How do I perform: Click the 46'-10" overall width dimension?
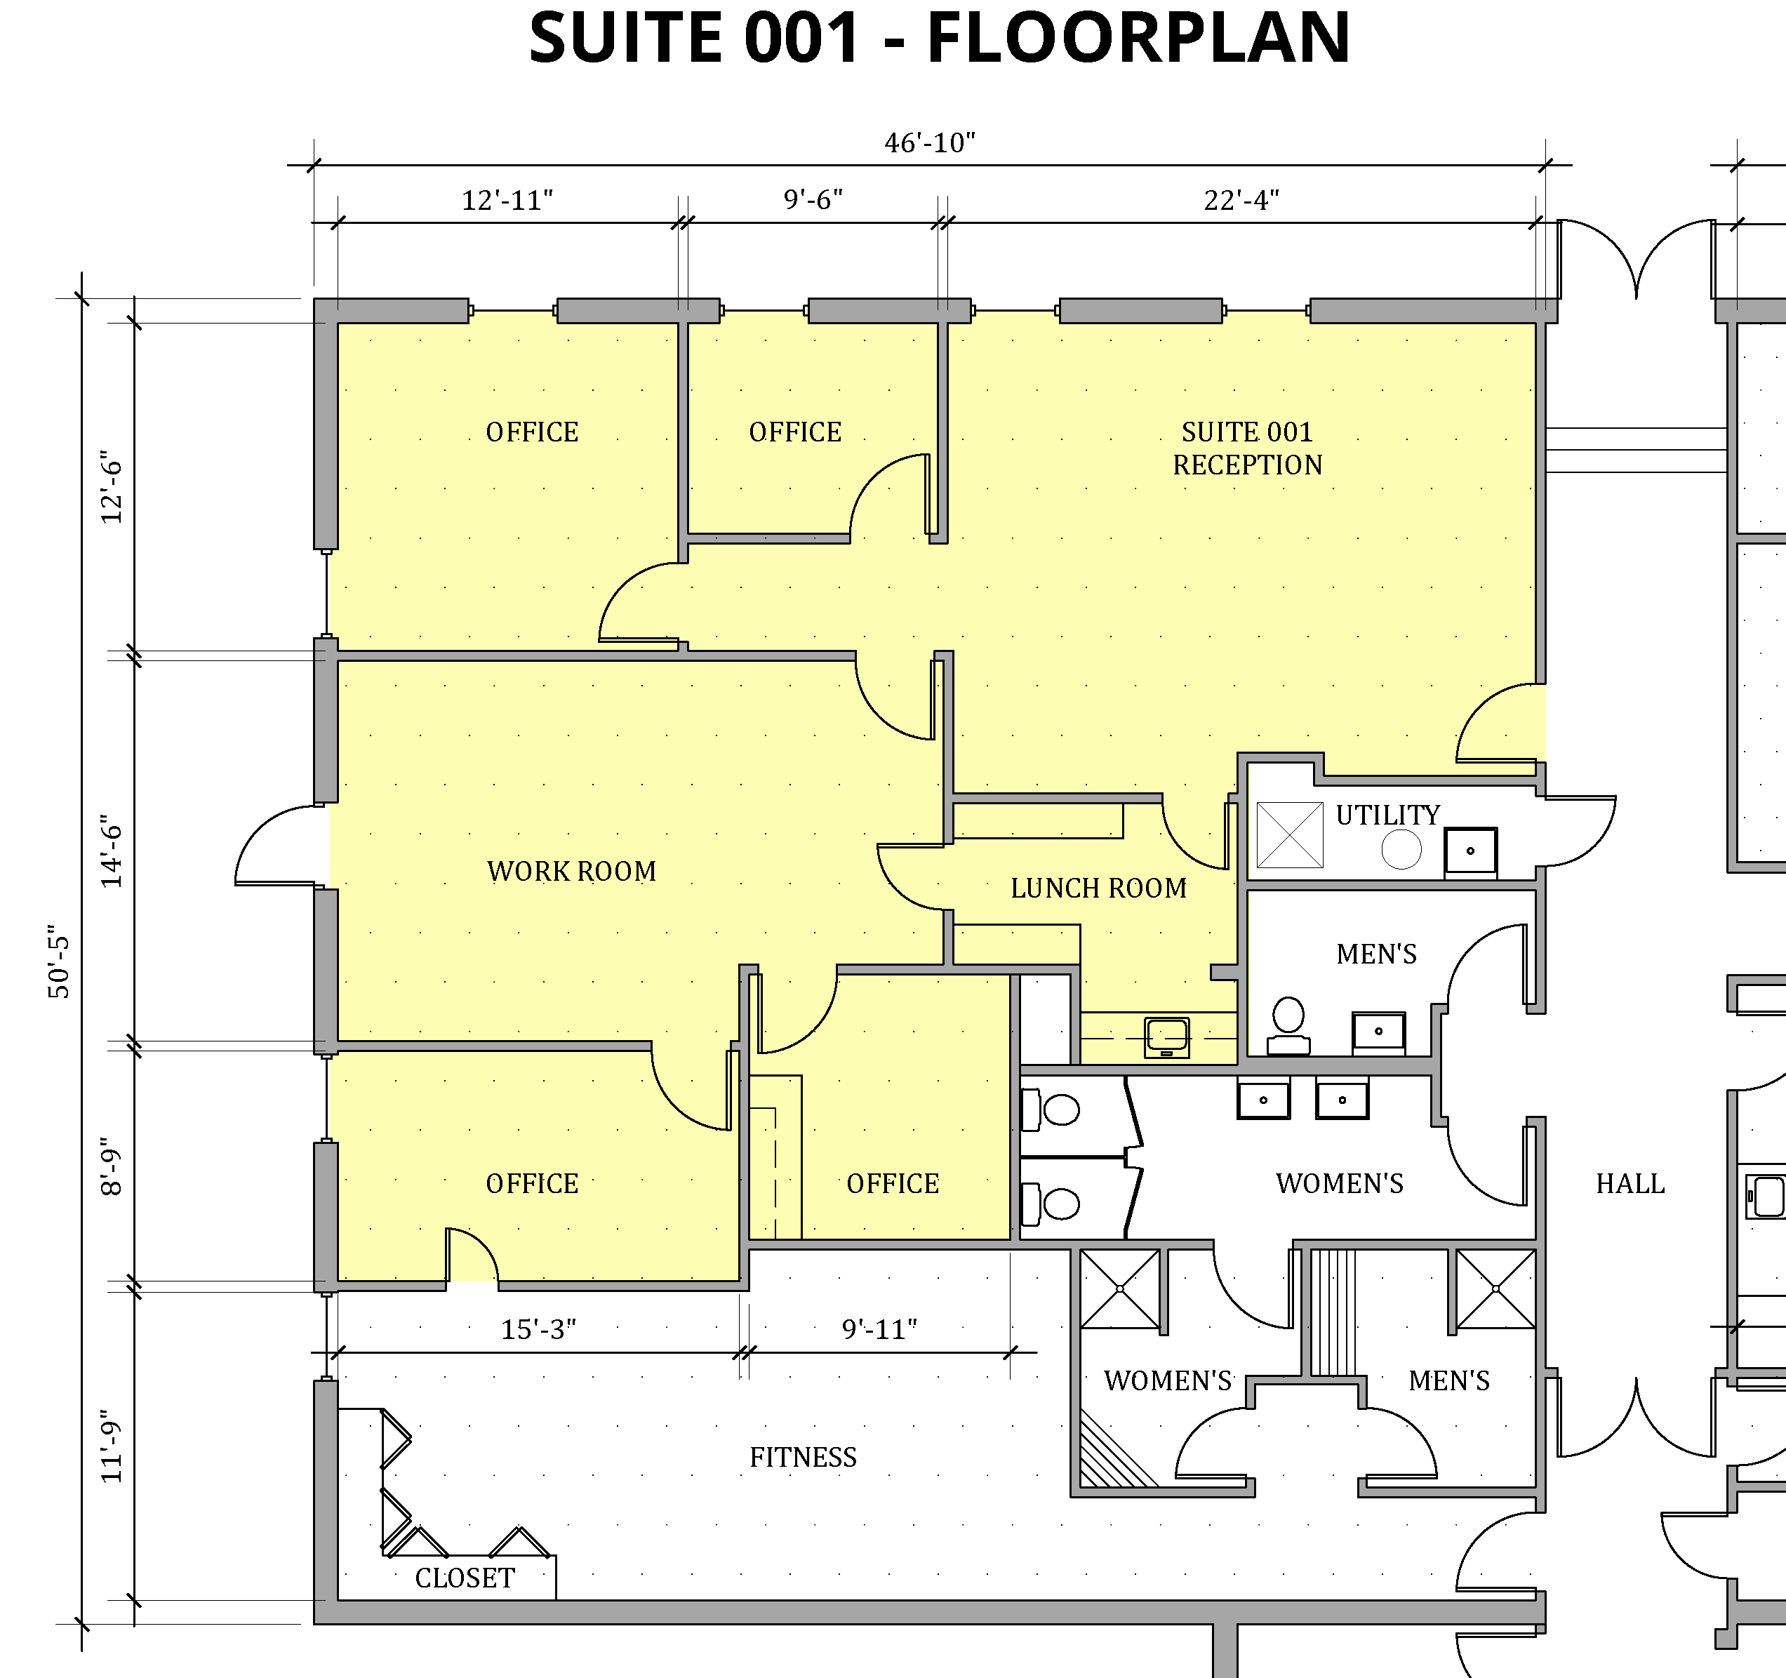(930, 143)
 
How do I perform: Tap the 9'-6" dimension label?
(813, 199)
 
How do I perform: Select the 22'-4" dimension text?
(1241, 199)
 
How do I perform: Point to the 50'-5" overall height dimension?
(59, 961)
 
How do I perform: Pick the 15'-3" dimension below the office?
(538, 1329)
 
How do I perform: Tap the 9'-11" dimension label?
(879, 1329)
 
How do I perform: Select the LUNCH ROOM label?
(1099, 888)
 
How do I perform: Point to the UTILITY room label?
(1388, 815)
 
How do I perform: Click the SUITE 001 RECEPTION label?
(1248, 448)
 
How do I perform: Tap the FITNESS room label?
(803, 1457)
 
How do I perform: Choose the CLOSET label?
(465, 1578)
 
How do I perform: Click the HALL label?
(1631, 1184)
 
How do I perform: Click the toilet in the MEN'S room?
(1288, 1025)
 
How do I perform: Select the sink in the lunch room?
(1167, 1037)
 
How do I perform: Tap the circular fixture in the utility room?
(1401, 849)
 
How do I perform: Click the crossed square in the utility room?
(1290, 835)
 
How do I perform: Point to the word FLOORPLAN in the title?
(1138, 38)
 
